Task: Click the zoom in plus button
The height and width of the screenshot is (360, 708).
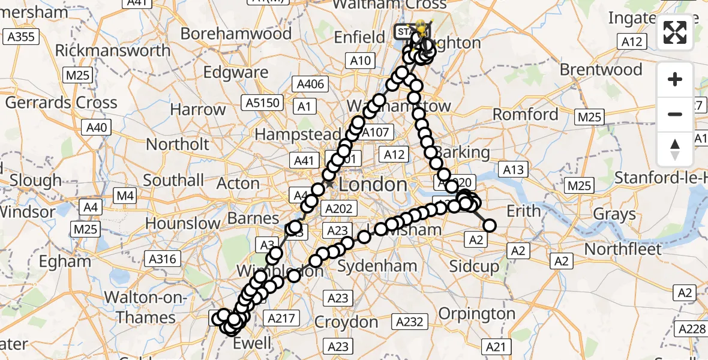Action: click(x=675, y=80)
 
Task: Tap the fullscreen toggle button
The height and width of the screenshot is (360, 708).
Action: click(x=675, y=33)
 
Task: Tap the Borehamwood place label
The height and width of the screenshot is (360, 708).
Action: click(x=236, y=33)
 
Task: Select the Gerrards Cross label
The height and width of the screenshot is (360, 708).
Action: click(x=61, y=103)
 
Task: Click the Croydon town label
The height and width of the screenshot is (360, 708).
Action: click(x=346, y=322)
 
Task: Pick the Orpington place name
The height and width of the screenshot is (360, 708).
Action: click(x=476, y=313)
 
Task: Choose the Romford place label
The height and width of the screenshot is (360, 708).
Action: click(x=525, y=115)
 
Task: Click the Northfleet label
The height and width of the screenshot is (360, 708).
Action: click(x=623, y=248)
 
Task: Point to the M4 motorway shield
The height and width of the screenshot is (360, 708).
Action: click(x=125, y=195)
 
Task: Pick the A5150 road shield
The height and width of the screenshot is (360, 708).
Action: click(x=263, y=103)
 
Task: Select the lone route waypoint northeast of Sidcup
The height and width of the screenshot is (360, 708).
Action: click(x=490, y=226)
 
